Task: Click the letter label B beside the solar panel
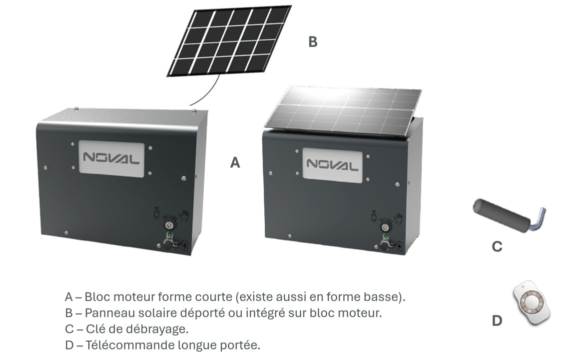tap(313, 41)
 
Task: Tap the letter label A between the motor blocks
tap(235, 162)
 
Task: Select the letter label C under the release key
tap(497, 246)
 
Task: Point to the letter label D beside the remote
tap(497, 320)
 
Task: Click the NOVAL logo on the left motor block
tap(111, 158)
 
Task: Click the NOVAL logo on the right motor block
tap(333, 164)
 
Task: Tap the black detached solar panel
tap(229, 40)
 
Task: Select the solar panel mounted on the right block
tap(343, 111)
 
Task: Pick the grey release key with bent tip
tap(509, 215)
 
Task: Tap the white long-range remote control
tap(532, 302)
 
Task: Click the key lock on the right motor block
tap(386, 227)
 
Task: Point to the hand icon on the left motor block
tap(184, 215)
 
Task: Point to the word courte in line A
tap(214, 296)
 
